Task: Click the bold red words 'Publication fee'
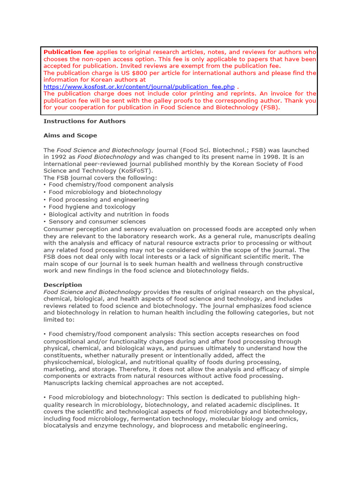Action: (x=69, y=52)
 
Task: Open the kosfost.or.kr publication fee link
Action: (x=139, y=87)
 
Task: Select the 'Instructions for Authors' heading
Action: (x=84, y=121)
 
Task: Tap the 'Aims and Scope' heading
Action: (x=70, y=135)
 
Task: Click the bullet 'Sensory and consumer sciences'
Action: (x=97, y=221)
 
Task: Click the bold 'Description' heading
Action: (x=63, y=285)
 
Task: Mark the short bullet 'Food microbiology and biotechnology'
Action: (x=105, y=192)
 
